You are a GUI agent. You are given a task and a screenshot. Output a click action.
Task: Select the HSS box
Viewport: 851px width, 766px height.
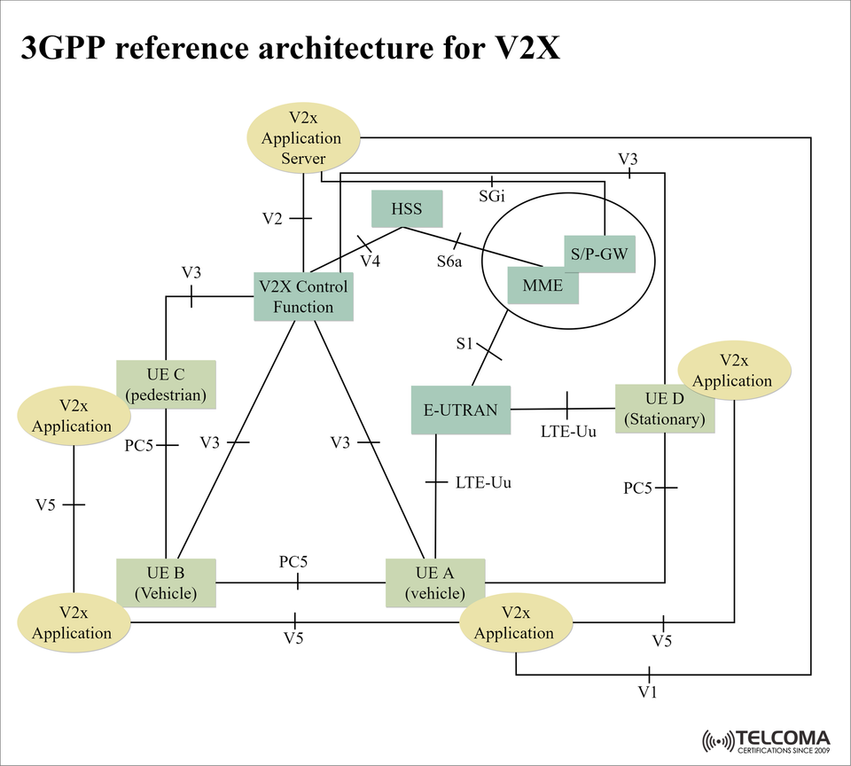[x=406, y=209]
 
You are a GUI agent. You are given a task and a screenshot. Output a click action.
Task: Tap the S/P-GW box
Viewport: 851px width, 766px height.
[x=599, y=254]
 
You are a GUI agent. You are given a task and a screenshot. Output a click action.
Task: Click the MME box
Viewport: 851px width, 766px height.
[x=543, y=285]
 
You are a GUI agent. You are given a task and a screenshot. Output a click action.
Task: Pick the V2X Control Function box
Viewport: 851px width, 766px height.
[x=303, y=297]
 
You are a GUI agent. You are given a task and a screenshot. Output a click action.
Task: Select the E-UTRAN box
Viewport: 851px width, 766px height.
[x=461, y=410]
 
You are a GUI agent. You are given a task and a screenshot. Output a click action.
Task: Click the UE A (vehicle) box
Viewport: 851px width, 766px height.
[x=435, y=582]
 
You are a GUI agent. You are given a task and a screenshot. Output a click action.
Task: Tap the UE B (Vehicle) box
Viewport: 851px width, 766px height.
[x=167, y=582]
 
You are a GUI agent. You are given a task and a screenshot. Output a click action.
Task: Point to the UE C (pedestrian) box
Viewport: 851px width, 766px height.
[x=167, y=384]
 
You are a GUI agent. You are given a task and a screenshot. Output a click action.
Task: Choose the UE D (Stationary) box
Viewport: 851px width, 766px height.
[x=664, y=409]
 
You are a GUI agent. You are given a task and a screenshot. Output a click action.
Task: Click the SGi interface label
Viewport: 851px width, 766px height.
[x=492, y=196]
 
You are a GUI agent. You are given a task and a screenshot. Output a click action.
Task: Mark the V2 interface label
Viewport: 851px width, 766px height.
[x=272, y=218]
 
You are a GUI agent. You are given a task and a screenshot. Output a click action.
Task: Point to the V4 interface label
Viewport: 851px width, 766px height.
[x=371, y=261]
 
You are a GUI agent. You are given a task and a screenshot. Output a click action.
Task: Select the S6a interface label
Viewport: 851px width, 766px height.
[x=449, y=262]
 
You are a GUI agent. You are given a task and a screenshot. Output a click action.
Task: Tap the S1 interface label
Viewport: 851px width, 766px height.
[x=465, y=344]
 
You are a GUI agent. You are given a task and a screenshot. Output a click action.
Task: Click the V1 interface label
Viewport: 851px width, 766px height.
[x=648, y=691]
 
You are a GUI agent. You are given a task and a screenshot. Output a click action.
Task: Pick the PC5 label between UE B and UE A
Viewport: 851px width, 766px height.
[x=293, y=562]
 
